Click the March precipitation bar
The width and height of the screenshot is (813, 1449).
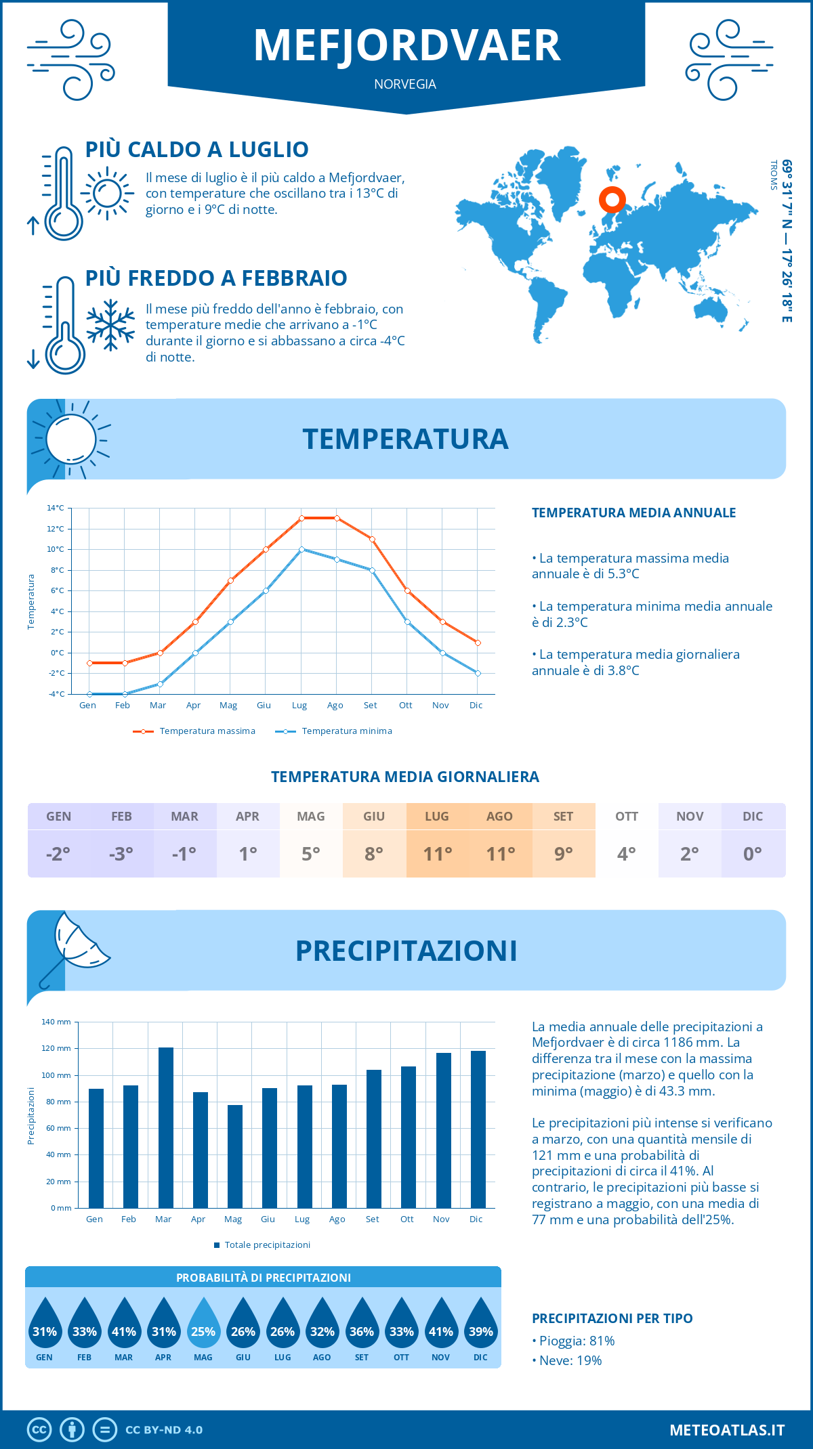click(x=165, y=1127)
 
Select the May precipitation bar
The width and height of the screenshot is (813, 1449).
click(x=235, y=1156)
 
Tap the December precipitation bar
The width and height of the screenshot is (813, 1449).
click(x=478, y=1129)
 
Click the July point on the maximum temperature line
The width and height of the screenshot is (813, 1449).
click(x=301, y=518)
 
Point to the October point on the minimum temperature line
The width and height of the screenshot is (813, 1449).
click(x=407, y=622)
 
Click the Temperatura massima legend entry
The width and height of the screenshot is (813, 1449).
click(x=195, y=731)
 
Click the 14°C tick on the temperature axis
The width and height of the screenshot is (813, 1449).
click(x=56, y=508)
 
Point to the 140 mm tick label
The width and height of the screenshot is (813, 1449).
click(x=56, y=1022)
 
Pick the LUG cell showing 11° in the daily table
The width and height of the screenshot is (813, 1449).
click(x=437, y=854)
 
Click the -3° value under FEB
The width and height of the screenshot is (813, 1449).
click(x=121, y=854)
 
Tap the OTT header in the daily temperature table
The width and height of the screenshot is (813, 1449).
click(x=627, y=817)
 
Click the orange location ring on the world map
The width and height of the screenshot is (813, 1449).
click(x=612, y=200)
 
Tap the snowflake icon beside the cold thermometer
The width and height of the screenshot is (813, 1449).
click(x=110, y=325)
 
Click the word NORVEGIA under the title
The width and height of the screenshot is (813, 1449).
click(x=405, y=84)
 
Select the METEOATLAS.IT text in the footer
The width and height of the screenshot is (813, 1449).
click(x=727, y=1430)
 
